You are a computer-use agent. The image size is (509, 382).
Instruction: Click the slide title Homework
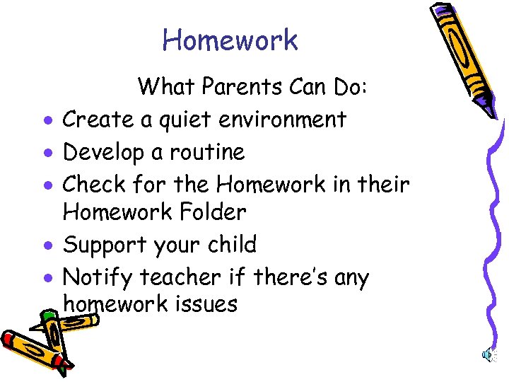coord(230,40)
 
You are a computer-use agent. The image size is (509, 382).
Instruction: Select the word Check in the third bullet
coord(95,184)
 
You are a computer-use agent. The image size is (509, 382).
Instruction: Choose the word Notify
coord(98,277)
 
